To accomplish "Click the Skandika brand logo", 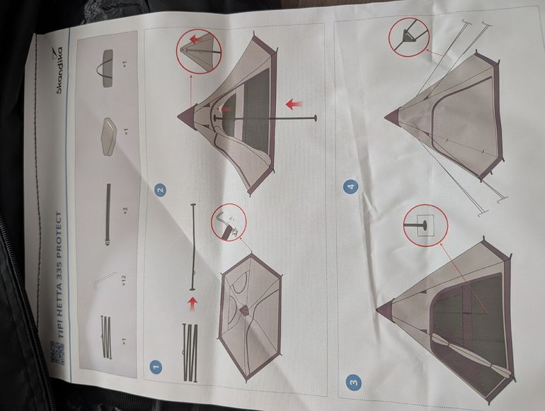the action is [x=58, y=69].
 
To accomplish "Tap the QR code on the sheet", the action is [x=58, y=352].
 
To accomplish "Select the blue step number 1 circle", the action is [x=156, y=366].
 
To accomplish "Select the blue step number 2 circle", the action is [x=160, y=191].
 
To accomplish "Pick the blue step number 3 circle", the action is [x=353, y=383].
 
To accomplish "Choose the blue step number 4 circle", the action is [x=350, y=187].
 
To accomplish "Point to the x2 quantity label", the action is [x=125, y=210].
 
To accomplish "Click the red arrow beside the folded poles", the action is [x=190, y=305].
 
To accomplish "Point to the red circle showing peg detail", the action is [x=229, y=223].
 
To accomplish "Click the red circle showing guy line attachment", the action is [x=409, y=36].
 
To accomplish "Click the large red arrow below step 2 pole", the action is [x=294, y=103].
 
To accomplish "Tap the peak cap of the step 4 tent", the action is [x=391, y=116].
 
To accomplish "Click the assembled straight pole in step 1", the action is [x=193, y=247].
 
